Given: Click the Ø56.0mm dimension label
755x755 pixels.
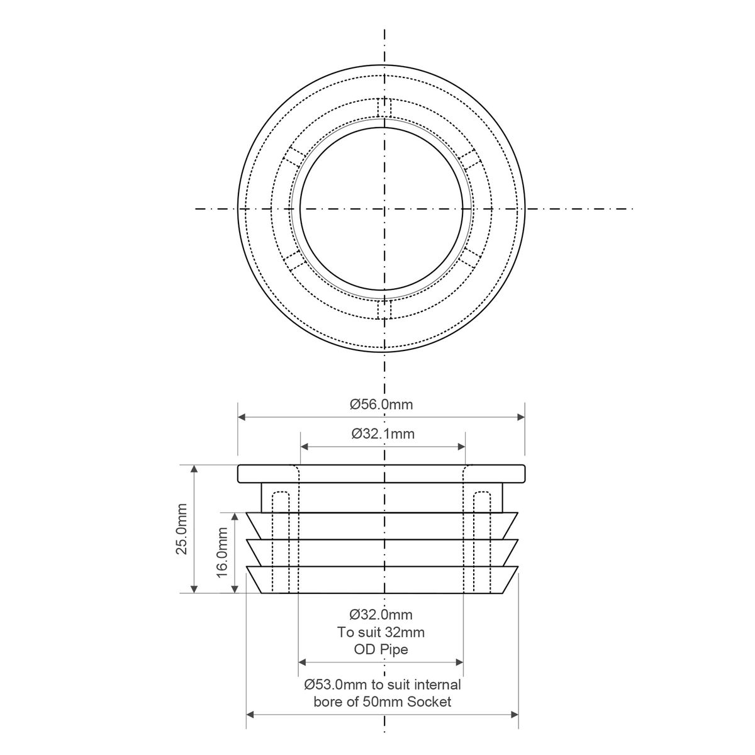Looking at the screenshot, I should (x=381, y=405).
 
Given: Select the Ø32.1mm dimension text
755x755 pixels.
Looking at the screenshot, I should (x=383, y=433).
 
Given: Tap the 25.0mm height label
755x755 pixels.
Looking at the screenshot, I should (x=182, y=528).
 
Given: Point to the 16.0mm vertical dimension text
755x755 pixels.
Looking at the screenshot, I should (x=222, y=552).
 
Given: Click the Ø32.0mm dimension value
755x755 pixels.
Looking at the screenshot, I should (x=381, y=614).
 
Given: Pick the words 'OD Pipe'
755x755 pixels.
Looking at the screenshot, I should (x=381, y=649).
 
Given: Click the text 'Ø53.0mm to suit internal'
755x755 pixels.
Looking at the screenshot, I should (x=382, y=685).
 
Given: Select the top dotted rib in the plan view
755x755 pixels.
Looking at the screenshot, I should (x=383, y=108).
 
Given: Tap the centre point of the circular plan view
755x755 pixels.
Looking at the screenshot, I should (x=383, y=208).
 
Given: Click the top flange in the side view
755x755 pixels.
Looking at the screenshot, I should (x=381, y=474).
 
